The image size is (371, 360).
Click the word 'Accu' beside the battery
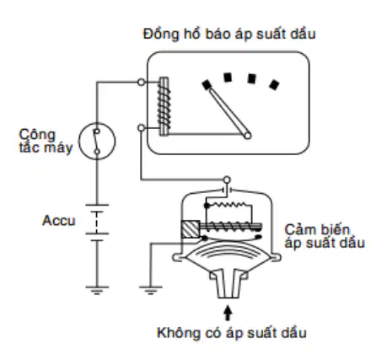59,221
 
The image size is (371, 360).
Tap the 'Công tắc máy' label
46,142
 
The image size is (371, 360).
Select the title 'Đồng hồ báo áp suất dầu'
229,34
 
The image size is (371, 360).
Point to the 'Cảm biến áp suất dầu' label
325,236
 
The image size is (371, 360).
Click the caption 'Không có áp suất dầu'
232,333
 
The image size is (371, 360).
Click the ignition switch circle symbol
97,141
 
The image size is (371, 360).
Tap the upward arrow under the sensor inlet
228,313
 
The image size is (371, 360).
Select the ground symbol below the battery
97,290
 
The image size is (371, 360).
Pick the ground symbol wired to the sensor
151,290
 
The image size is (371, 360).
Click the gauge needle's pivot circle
247,136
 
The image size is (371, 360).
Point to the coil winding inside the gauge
164,106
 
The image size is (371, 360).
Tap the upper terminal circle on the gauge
142,83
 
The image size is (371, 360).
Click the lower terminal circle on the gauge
142,128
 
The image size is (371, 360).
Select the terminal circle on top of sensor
227,180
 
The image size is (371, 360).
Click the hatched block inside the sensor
191,229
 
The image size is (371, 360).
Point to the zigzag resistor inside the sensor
229,204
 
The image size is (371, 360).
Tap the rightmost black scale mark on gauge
274,84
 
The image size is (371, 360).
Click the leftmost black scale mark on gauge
207,84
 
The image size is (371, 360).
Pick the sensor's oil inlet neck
229,284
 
